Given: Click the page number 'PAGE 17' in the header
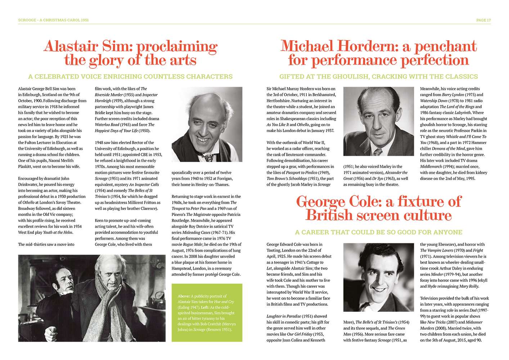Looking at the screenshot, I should (x=483, y=20).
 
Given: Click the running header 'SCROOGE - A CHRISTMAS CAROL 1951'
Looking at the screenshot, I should (x=53, y=20).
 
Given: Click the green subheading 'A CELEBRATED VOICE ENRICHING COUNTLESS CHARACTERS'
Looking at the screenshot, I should (x=130, y=77).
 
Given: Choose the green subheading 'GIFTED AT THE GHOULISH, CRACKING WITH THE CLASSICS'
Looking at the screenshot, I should (x=378, y=77).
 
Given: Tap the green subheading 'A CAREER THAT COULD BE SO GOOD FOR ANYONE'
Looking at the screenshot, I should (x=378, y=233).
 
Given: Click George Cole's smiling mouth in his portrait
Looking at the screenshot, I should (x=378, y=289).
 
